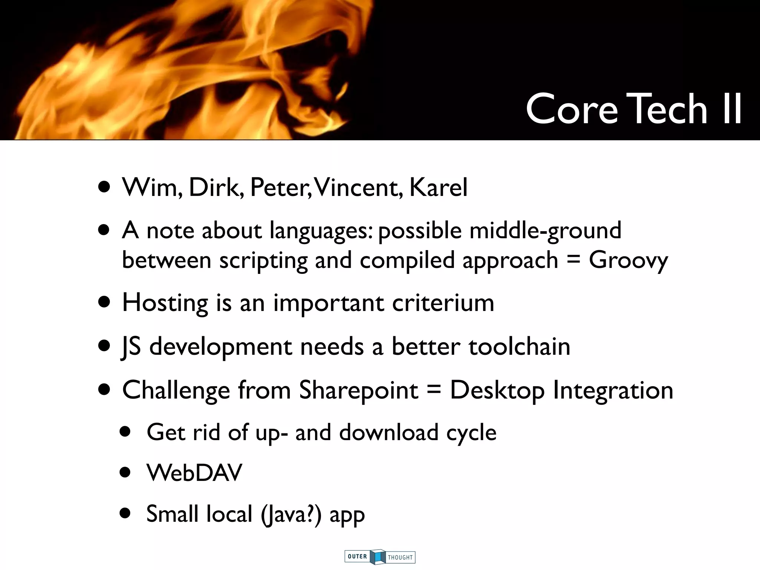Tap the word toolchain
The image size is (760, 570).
click(x=519, y=347)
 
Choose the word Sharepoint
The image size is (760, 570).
click(x=358, y=391)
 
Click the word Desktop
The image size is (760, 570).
click(x=497, y=391)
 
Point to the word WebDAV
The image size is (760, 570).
click(x=194, y=473)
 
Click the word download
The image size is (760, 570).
click(x=389, y=433)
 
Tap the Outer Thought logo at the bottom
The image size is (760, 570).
click(x=380, y=557)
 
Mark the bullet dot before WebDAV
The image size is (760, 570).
click(x=125, y=473)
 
